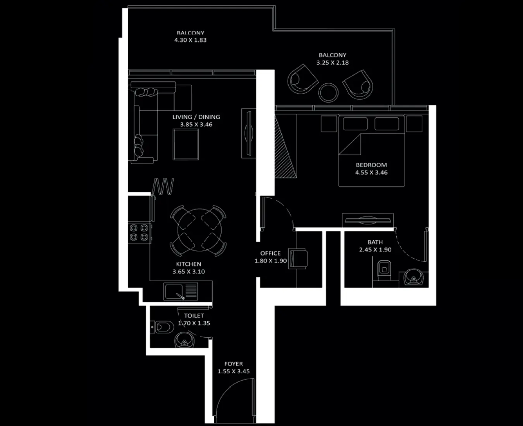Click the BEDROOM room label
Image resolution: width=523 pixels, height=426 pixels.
point(371,165)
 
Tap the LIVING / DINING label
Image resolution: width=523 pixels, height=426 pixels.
point(196,117)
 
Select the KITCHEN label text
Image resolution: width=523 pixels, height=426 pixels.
point(188,264)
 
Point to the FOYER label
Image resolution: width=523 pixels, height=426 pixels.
point(234,364)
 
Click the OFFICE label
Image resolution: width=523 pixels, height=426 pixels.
point(270,253)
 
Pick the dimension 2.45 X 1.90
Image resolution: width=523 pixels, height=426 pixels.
point(375,250)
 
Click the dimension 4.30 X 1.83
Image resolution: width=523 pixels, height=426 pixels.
point(190,40)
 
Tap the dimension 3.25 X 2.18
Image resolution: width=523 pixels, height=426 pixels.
point(332,62)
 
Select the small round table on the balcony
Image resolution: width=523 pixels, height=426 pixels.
point(328,92)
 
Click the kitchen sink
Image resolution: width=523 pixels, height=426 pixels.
point(175,291)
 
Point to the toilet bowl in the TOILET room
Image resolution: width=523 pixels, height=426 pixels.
point(162,328)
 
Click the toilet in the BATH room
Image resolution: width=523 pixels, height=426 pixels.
point(384,268)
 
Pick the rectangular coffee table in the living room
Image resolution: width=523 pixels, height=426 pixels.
point(186,144)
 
